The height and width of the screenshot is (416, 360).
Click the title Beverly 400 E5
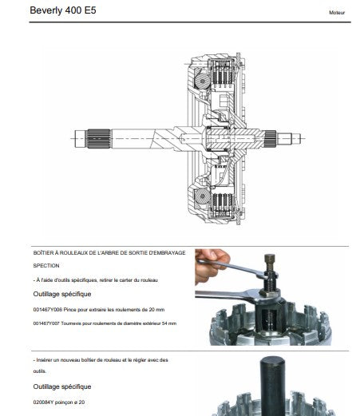[63, 10]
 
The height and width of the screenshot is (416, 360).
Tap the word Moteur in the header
[337, 13]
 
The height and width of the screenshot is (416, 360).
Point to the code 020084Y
[43, 402]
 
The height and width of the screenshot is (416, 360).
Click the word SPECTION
[46, 266]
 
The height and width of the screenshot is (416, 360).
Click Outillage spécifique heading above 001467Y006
[62, 294]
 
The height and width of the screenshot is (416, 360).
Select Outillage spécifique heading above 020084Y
[62, 386]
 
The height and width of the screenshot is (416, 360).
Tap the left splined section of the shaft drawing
[98, 139]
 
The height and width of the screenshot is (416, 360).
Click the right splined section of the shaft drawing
[271, 139]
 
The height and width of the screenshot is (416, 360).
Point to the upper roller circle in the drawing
[203, 81]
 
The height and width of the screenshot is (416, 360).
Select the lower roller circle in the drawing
[202, 196]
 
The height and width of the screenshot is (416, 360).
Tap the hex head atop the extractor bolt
[270, 258]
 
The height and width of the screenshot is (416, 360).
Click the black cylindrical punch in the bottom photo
[272, 386]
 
